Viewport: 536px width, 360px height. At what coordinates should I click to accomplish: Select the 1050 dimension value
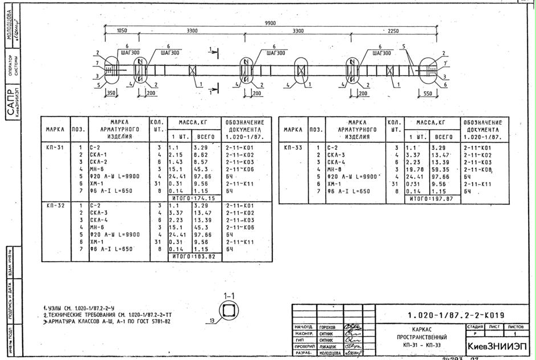pos(122,31)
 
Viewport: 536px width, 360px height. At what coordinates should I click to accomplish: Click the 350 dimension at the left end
pos(111,93)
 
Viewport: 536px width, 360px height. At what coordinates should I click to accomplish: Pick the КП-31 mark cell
pos(55,147)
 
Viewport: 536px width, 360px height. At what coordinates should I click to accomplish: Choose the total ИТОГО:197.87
pos(431,198)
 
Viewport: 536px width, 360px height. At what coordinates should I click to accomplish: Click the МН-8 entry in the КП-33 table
pos(335,169)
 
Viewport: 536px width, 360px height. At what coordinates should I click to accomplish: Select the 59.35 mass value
pos(441,169)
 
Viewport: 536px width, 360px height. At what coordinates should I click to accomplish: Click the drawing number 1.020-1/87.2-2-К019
pos(456,315)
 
